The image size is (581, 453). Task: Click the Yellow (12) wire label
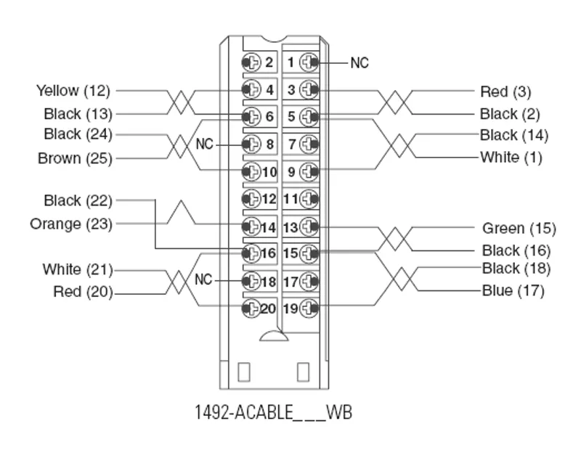(73, 91)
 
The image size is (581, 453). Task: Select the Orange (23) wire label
(70, 224)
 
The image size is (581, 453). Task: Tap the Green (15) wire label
(519, 228)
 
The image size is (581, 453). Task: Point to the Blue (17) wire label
(513, 291)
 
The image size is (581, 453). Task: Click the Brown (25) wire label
(75, 158)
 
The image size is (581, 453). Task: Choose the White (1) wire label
(511, 158)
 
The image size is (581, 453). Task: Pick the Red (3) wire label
(505, 91)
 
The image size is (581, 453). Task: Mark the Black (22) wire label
(78, 201)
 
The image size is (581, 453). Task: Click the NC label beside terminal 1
(359, 63)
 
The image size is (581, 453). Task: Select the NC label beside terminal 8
(205, 144)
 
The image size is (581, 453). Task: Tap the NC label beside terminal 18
(203, 279)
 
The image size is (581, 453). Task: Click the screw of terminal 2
(251, 62)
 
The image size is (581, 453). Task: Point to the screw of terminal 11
(309, 199)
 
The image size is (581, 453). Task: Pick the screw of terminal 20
(251, 308)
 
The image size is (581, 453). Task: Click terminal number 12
(269, 199)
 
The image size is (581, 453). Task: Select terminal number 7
(292, 144)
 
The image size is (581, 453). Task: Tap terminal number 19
(290, 309)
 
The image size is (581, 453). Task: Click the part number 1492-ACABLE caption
(274, 412)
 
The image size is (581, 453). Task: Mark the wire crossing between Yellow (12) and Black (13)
(181, 102)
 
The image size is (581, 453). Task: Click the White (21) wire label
(78, 269)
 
